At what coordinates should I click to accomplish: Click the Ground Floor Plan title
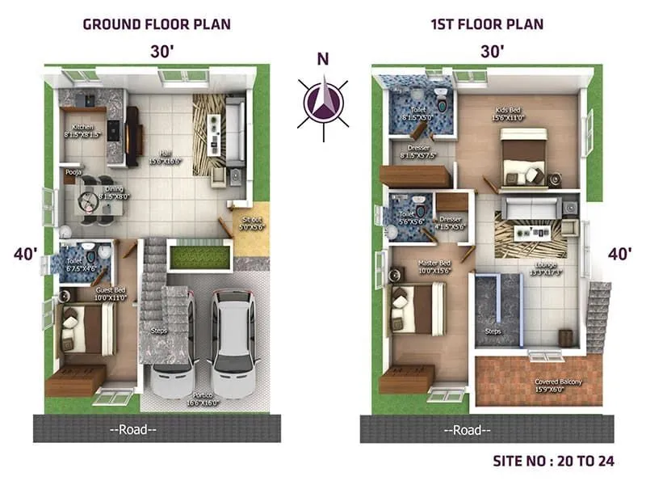[x=157, y=23]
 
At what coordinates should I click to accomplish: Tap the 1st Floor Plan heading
[x=487, y=23]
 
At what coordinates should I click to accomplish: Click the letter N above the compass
[x=323, y=58]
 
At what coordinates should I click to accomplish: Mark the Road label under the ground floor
[x=136, y=430]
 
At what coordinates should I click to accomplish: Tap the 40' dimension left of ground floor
[x=26, y=254]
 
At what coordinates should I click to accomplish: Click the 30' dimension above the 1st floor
[x=492, y=51]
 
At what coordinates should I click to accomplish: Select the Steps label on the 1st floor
[x=493, y=331]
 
